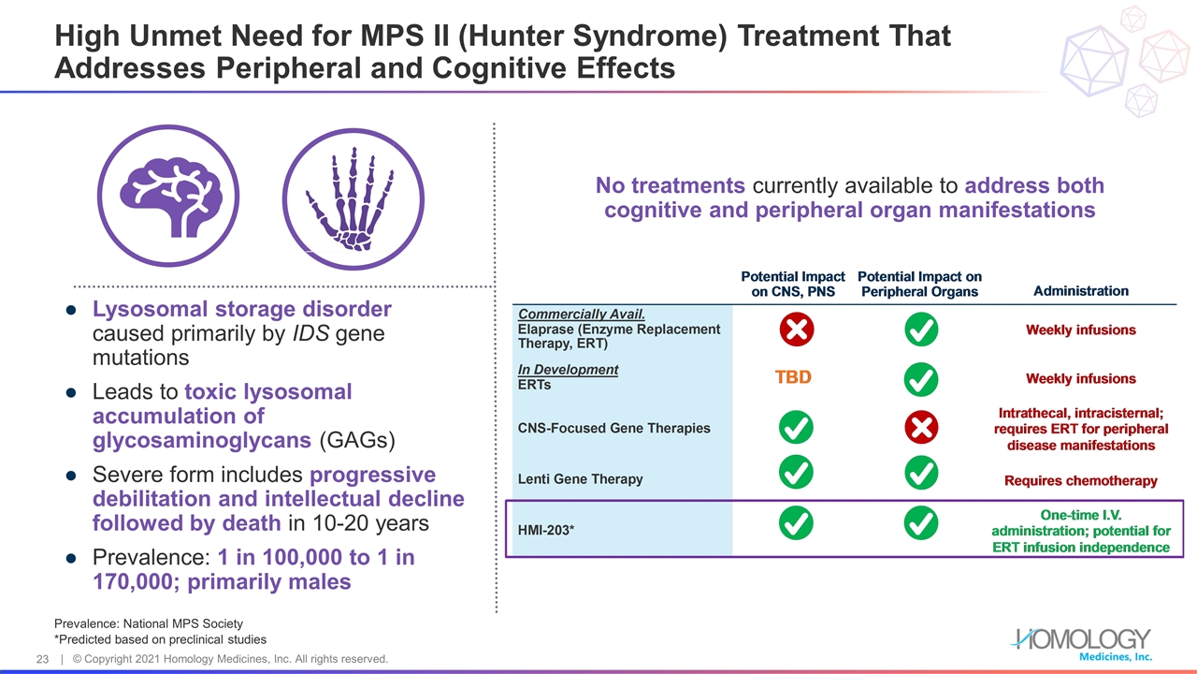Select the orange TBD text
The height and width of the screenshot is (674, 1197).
pyautogui.click(x=793, y=378)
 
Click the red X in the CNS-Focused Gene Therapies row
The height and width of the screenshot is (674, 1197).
pyautogui.click(x=921, y=428)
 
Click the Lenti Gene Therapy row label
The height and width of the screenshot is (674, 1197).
pyautogui.click(x=580, y=478)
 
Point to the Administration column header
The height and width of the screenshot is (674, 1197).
pyautogui.click(x=1080, y=291)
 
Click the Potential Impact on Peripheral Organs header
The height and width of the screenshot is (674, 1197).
pyautogui.click(x=919, y=285)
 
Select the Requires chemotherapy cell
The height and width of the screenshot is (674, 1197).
pyautogui.click(x=1080, y=481)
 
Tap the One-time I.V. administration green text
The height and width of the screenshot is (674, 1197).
pyautogui.click(x=1080, y=515)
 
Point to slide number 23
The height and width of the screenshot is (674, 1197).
pyautogui.click(x=42, y=659)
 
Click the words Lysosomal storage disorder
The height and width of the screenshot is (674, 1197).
pyautogui.click(x=241, y=309)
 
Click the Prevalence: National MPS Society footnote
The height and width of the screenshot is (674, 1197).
pyautogui.click(x=149, y=623)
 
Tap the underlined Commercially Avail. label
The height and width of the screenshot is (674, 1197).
pyautogui.click(x=582, y=315)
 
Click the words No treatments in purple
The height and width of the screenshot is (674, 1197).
pyautogui.click(x=671, y=185)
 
